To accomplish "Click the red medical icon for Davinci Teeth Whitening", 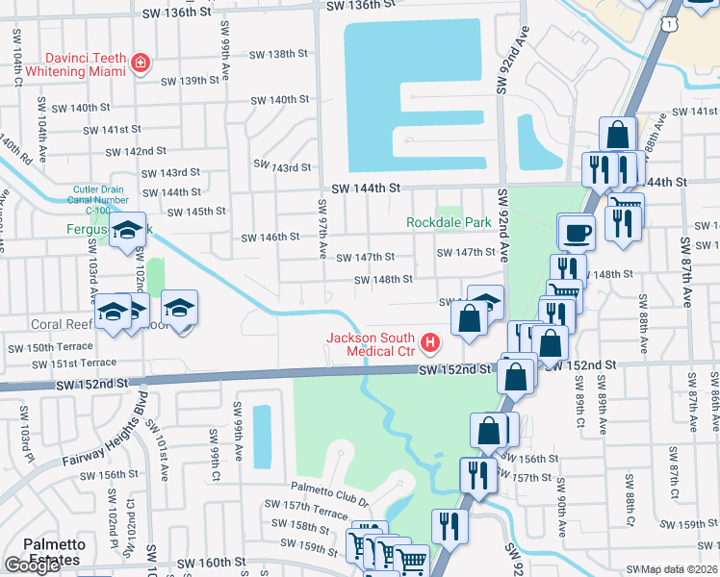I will [x=141, y=63].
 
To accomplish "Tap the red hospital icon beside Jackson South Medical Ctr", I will [x=430, y=342].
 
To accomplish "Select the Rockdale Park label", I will [x=449, y=223].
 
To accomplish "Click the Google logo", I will [x=32, y=565].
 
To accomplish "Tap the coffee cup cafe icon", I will [x=577, y=232].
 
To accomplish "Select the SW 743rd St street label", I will [x=280, y=167].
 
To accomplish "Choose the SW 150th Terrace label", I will [x=47, y=347].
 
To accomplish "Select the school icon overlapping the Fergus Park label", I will [x=126, y=231].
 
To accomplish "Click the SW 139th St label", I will [x=191, y=81].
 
